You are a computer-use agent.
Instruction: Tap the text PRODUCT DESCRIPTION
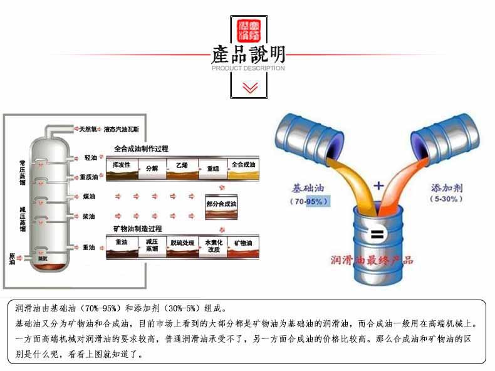click(x=248, y=68)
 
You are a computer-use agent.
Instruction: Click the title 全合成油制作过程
click(x=140, y=149)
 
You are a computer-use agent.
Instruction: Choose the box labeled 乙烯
click(x=182, y=168)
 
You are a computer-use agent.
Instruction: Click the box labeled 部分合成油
click(x=221, y=205)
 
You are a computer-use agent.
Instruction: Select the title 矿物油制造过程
click(x=137, y=229)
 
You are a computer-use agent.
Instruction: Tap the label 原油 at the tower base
click(x=12, y=258)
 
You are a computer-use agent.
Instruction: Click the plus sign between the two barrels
click(x=378, y=185)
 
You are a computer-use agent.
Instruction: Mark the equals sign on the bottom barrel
click(x=376, y=236)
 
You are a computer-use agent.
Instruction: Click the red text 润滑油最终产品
click(x=372, y=259)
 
